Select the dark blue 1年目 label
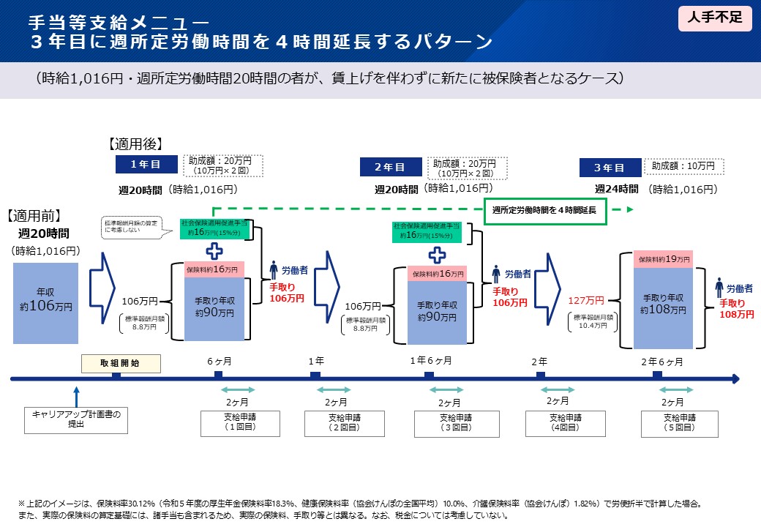coord(145,164)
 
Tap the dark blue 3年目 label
coord(609,168)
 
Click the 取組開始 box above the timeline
coord(120,362)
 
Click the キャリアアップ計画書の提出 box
coord(76,419)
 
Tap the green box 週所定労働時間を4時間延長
coord(544,210)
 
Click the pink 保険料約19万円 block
coord(663,259)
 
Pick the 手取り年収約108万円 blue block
coord(663,304)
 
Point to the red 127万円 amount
coord(586,300)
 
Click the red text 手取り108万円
coord(736,308)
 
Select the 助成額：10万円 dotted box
coord(683,167)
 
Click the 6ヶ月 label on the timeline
coord(220,361)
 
